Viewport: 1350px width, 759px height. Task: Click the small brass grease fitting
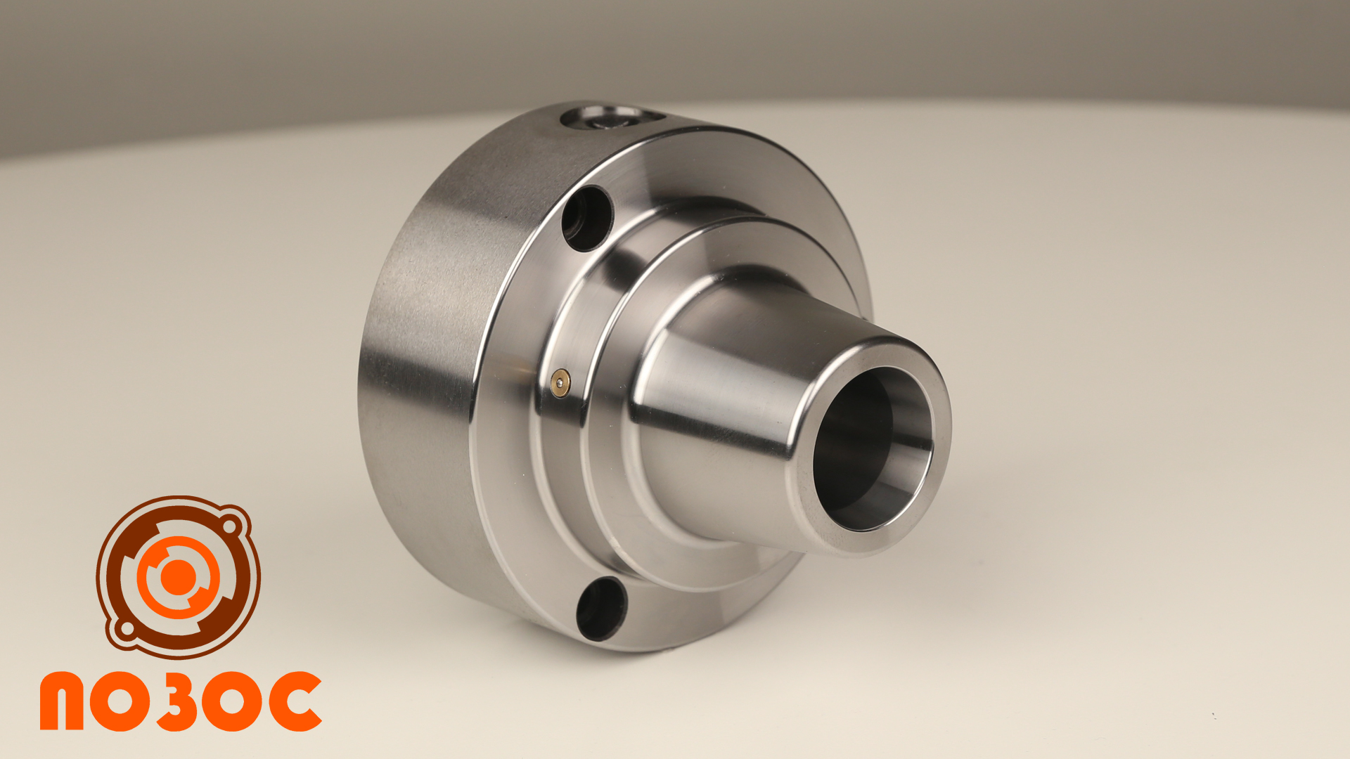[560, 383]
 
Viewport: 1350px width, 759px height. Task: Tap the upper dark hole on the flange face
[588, 219]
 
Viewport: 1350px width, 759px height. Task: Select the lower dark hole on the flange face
[602, 609]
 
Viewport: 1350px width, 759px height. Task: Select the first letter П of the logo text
[62, 701]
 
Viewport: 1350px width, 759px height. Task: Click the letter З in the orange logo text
[177, 701]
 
